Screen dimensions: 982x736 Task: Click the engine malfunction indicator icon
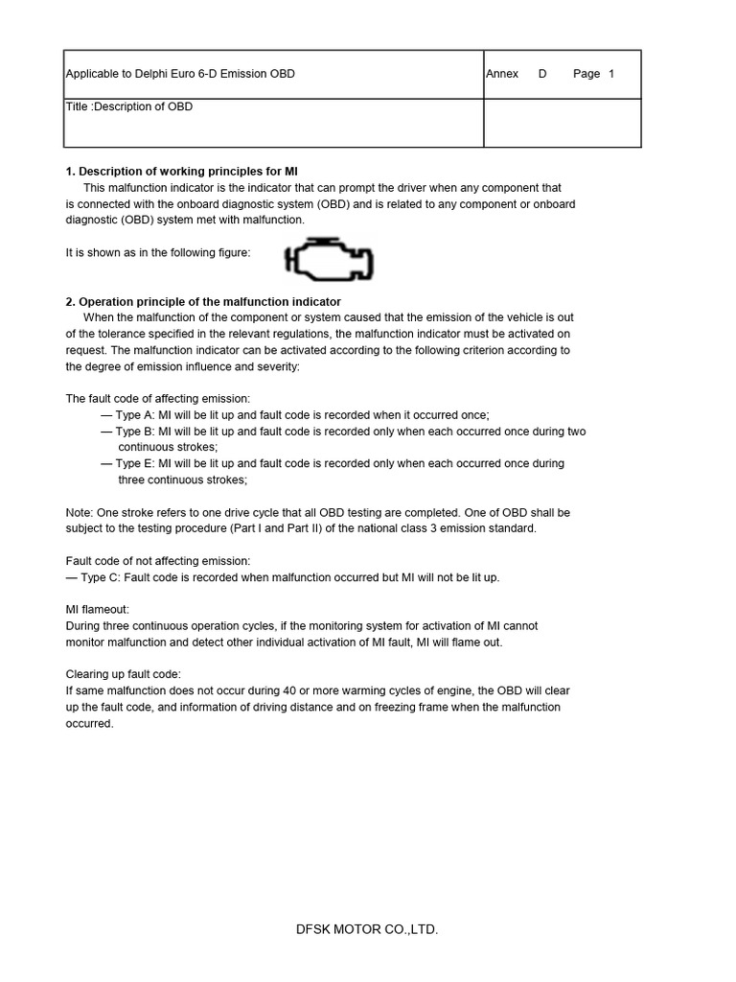point(329,259)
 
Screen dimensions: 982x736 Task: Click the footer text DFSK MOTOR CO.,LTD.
point(367,929)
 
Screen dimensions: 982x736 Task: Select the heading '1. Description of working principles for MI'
point(182,172)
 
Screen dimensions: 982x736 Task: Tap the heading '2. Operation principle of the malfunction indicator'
point(203,302)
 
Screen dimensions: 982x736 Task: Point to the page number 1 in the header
point(611,74)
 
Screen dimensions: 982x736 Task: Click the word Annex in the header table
point(502,74)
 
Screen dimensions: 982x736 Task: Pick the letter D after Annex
point(542,74)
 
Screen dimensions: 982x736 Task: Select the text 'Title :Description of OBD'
point(128,106)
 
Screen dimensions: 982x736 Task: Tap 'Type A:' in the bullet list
point(136,415)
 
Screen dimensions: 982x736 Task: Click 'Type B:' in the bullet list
point(136,432)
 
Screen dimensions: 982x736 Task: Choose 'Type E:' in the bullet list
point(136,463)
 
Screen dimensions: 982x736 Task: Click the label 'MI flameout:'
point(97,609)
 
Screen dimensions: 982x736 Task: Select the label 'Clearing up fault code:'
point(123,674)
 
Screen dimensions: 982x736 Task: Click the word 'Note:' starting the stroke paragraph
point(80,512)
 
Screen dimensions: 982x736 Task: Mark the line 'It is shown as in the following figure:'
point(158,252)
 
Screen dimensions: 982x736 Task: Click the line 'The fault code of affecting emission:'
point(157,398)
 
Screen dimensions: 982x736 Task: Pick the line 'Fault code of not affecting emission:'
point(158,560)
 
